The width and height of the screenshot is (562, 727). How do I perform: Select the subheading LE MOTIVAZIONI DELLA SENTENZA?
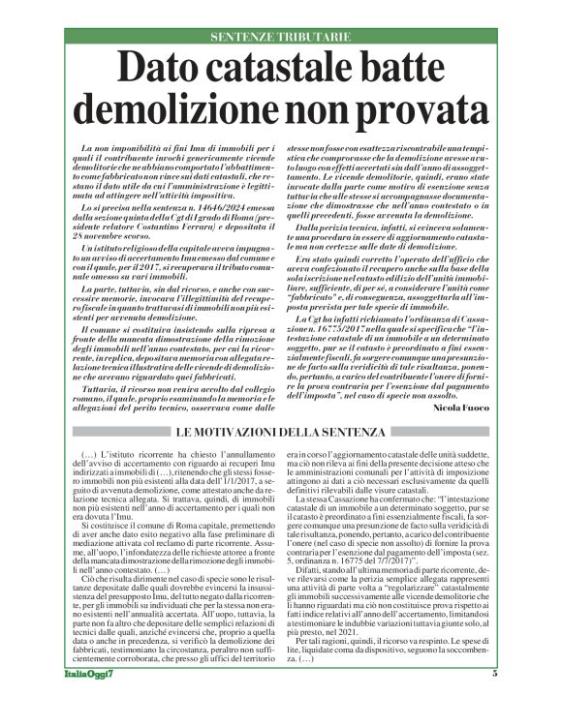coord(281,404)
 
